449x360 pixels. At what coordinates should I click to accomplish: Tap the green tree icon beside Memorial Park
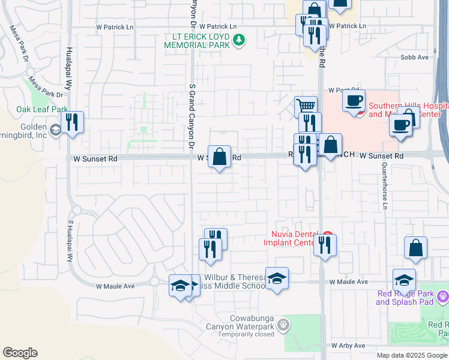pos(240,40)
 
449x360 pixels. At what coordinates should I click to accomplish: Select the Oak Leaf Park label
pos(42,109)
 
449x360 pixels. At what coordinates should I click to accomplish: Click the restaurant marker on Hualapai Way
pos(72,122)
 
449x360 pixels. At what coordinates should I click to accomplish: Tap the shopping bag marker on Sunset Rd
pos(220,157)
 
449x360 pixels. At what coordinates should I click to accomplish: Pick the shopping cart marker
pos(307,107)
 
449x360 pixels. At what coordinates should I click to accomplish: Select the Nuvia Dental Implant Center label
pos(289,238)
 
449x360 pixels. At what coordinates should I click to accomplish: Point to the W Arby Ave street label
pos(348,346)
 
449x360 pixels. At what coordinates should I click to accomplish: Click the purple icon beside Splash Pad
pos(442,295)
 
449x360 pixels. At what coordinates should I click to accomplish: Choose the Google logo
pos(20,353)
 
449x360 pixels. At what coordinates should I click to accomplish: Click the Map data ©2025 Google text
pos(412,355)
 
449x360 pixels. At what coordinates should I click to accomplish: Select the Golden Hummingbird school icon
pos(55,130)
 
